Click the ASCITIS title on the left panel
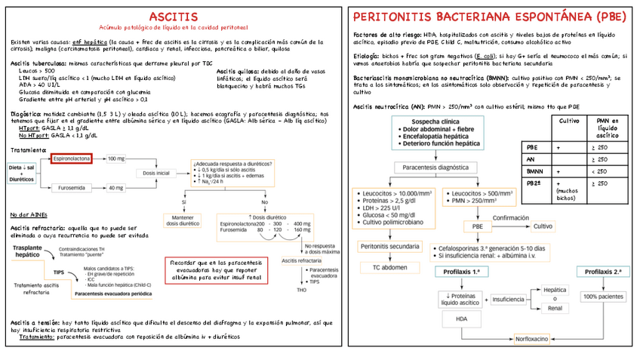click(x=174, y=17)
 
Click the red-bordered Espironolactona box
click(x=72, y=158)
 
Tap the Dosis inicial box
click(x=155, y=173)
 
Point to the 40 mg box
click(x=115, y=187)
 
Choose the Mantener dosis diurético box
click(x=183, y=220)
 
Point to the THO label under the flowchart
click(x=302, y=290)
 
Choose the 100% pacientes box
click(x=602, y=297)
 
